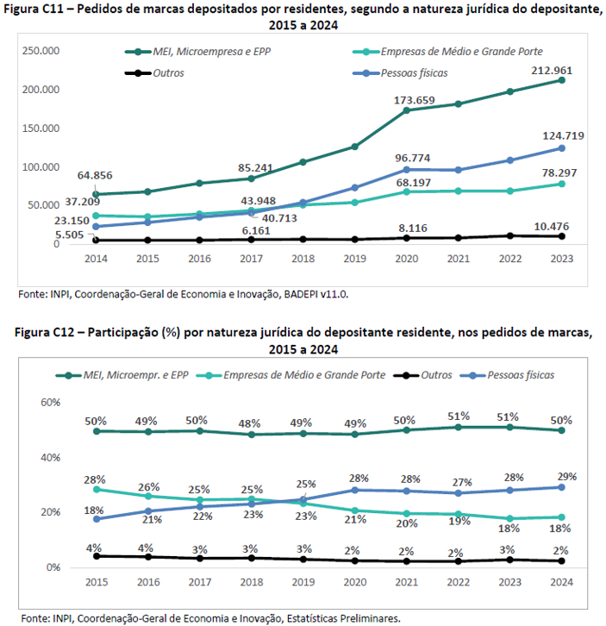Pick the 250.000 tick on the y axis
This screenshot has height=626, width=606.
coord(40,52)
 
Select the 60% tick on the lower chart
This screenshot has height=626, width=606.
coord(49,403)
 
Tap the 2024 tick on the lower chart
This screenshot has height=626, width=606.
coord(560,583)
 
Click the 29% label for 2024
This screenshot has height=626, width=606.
coord(566,476)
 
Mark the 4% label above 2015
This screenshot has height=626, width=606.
coord(94,548)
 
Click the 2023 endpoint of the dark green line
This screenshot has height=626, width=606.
coord(560,80)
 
